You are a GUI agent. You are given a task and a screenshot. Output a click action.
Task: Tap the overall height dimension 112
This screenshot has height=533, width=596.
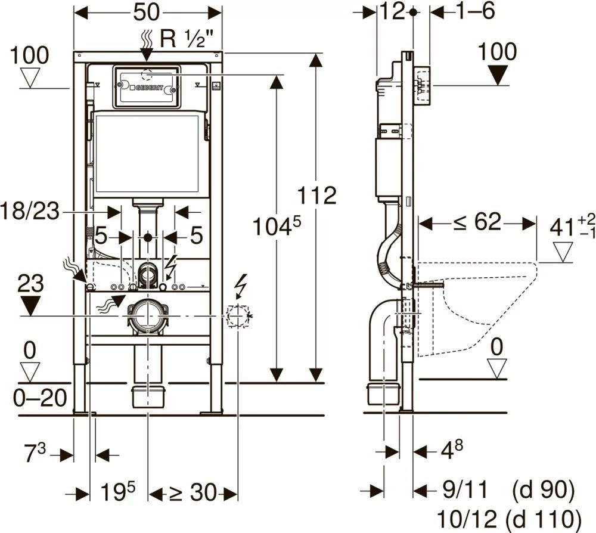[x=317, y=195]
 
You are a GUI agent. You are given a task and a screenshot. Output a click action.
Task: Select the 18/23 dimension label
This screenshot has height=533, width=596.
[x=30, y=210]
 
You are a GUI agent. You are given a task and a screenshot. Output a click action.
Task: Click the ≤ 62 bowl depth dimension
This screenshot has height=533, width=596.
[x=476, y=223]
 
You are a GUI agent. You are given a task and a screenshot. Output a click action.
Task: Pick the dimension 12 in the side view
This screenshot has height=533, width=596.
[x=393, y=11]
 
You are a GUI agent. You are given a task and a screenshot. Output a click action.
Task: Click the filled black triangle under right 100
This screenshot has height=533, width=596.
[x=498, y=76]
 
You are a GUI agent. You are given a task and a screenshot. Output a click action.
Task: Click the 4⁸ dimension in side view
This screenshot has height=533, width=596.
[x=452, y=449]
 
